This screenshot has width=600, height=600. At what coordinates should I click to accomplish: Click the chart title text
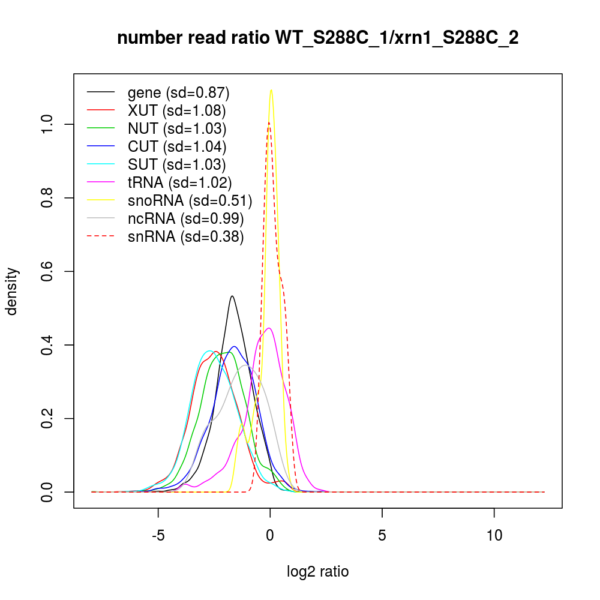point(318,38)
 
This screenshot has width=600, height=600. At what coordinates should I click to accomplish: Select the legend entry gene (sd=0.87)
point(178,93)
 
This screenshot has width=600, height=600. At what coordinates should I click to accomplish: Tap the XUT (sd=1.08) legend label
point(176,110)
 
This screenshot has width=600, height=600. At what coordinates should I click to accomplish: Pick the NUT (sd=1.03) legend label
point(176,128)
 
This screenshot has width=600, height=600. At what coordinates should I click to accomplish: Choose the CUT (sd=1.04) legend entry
point(176,146)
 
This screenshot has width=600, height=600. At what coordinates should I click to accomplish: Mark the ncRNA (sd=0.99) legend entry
point(185,218)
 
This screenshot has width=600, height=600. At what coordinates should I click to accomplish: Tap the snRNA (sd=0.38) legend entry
point(185,236)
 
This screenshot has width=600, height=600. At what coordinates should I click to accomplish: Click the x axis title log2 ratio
point(318,572)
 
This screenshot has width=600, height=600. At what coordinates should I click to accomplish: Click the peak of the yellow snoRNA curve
point(271,91)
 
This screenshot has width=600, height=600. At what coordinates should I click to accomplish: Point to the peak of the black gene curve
point(232,296)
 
